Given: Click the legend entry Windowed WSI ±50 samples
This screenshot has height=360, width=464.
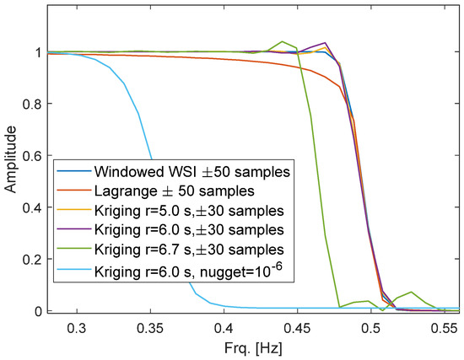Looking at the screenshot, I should click(x=194, y=172).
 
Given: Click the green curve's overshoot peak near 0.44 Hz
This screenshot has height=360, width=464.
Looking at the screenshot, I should click(x=283, y=41).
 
